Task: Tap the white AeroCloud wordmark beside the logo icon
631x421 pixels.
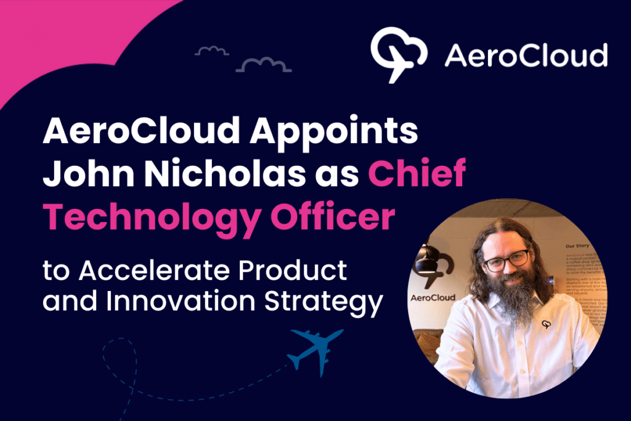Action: pos(526,55)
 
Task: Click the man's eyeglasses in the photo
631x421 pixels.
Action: pos(507,260)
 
